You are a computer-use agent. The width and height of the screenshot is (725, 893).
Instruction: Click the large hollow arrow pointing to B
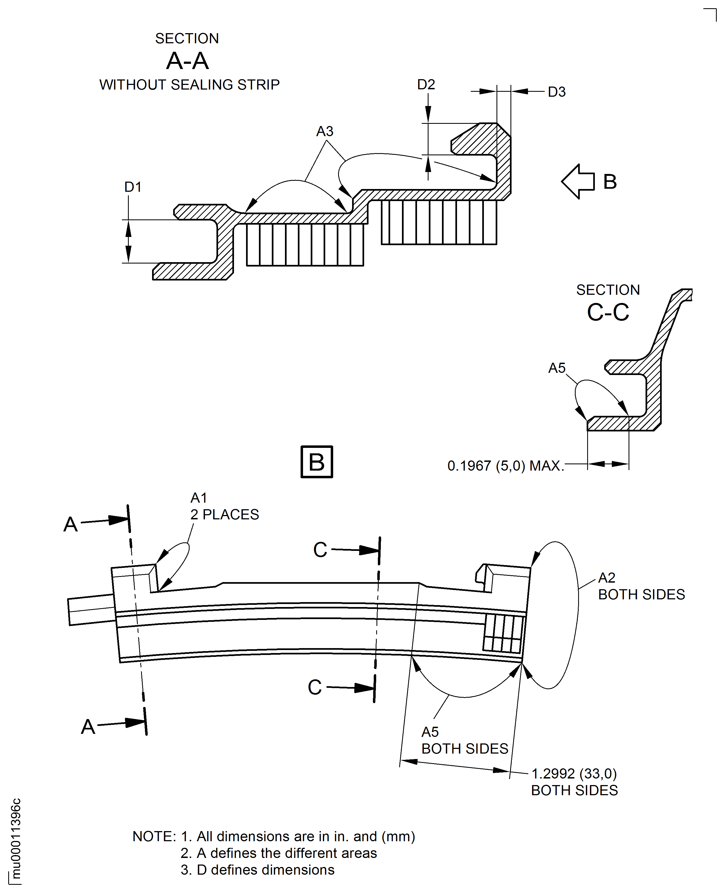coord(578,182)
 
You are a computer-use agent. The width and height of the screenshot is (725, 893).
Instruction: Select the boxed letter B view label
coord(316,462)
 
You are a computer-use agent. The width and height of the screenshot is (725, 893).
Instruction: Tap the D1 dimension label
coord(133,187)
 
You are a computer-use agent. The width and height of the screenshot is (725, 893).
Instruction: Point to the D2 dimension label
coord(426,85)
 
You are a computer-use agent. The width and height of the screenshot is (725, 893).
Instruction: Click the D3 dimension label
coord(557,92)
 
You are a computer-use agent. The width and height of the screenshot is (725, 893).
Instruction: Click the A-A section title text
coord(187,61)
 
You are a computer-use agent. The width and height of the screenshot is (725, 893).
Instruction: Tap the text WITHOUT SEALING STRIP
coord(189,85)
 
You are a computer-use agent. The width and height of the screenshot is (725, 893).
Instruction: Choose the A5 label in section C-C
coord(557,368)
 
